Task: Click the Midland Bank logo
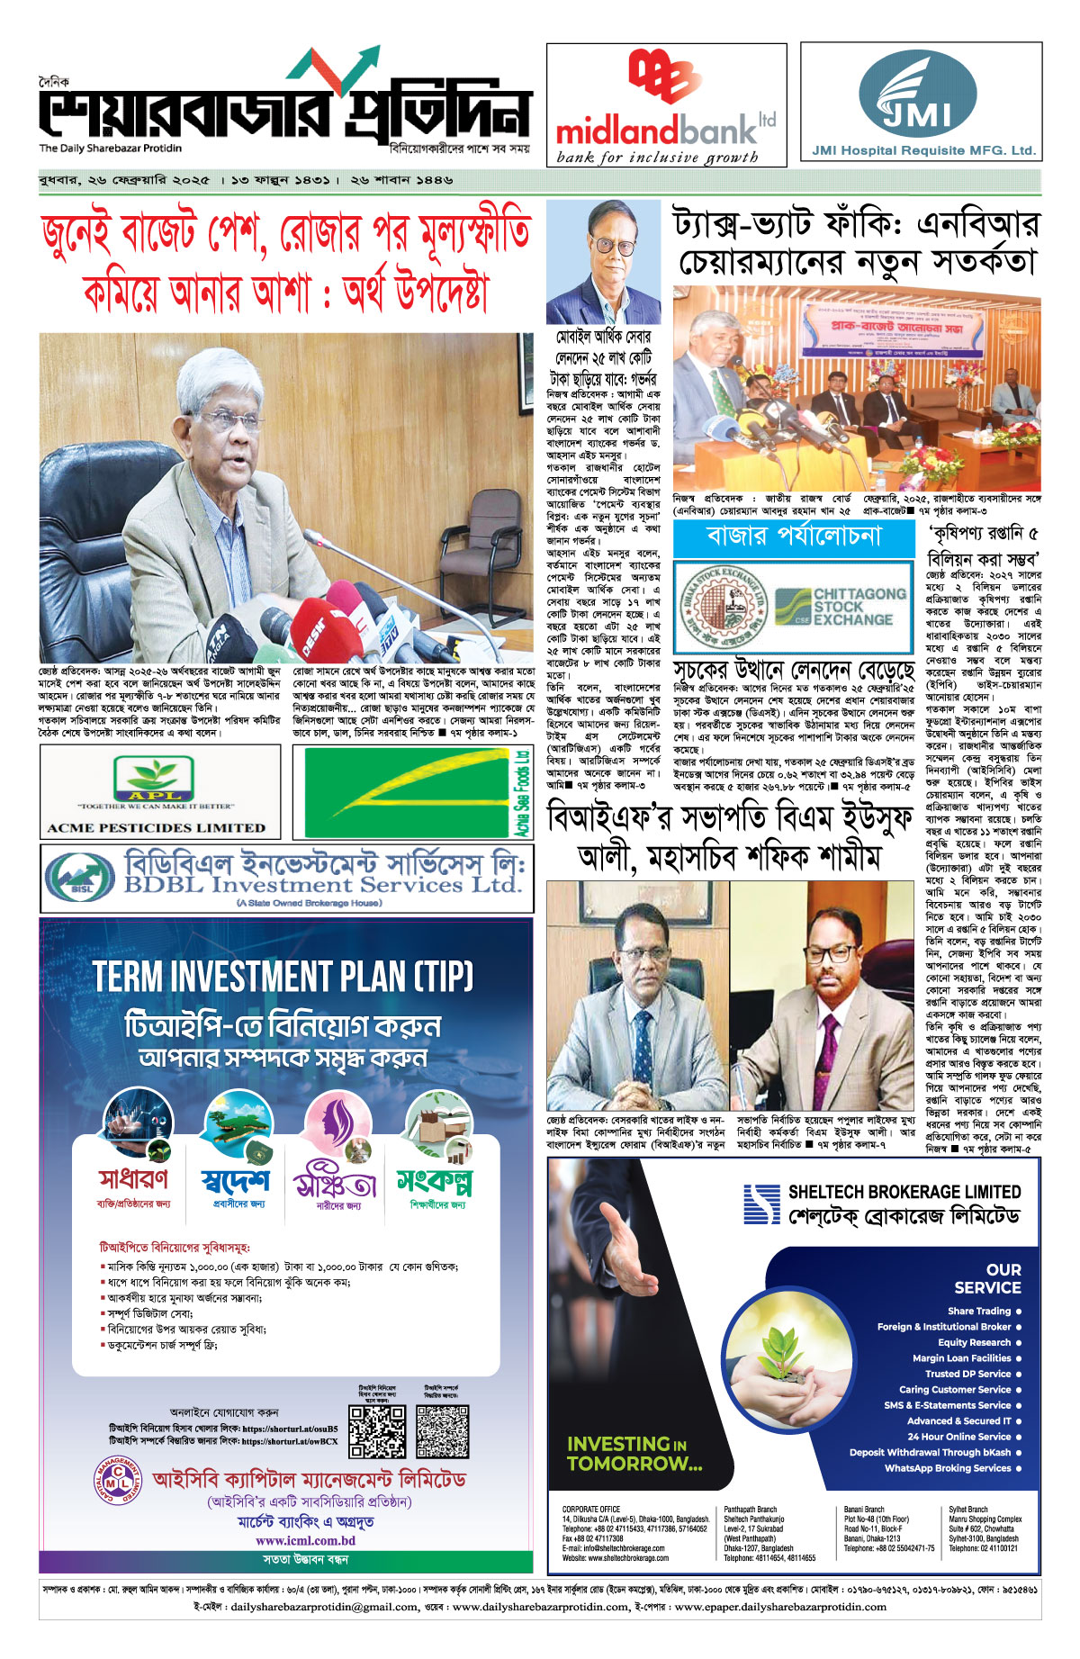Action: pyautogui.click(x=664, y=104)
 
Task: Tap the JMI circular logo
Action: pyautogui.click(x=917, y=93)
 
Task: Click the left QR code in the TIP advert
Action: pyautogui.click(x=377, y=1430)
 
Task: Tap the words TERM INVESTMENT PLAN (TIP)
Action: pyautogui.click(x=283, y=977)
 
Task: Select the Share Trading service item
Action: pyautogui.click(x=979, y=1311)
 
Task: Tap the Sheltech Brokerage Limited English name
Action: pyautogui.click(x=904, y=1192)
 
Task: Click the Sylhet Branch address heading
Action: pyautogui.click(x=967, y=1510)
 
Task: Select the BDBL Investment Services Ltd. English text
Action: pyautogui.click(x=322, y=885)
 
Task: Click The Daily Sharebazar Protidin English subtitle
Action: pyautogui.click(x=110, y=148)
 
